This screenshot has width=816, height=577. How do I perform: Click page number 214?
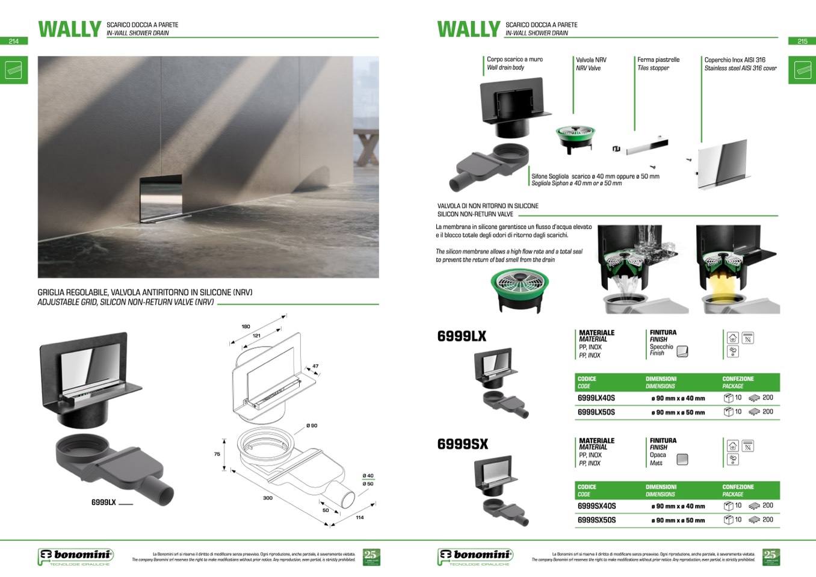click(x=14, y=42)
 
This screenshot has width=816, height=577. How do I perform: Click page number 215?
click(x=802, y=42)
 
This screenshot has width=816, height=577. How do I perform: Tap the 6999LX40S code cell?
click(x=596, y=398)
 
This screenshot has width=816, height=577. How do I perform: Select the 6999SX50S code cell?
click(x=596, y=520)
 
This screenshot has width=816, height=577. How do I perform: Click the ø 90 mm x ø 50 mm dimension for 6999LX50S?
click(x=678, y=413)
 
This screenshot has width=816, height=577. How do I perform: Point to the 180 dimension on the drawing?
click(x=246, y=327)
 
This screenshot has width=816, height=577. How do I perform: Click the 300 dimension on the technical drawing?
click(x=268, y=498)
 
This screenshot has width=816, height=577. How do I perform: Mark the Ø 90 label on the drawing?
click(x=312, y=426)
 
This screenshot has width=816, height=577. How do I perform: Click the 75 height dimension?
click(x=217, y=454)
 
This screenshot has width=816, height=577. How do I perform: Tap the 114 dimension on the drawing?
click(x=360, y=517)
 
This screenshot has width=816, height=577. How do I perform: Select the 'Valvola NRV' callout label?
click(x=591, y=60)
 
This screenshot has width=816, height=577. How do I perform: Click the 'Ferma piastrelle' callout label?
click(x=658, y=60)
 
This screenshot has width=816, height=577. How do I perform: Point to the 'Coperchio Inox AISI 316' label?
click(x=735, y=60)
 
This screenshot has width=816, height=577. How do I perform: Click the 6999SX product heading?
click(x=462, y=445)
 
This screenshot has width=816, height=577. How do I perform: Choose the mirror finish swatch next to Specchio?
click(x=682, y=351)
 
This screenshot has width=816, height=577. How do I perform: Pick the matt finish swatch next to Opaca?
click(x=682, y=460)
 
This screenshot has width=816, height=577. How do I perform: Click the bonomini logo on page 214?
click(x=76, y=557)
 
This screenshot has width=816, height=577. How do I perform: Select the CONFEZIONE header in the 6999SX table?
click(x=738, y=487)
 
